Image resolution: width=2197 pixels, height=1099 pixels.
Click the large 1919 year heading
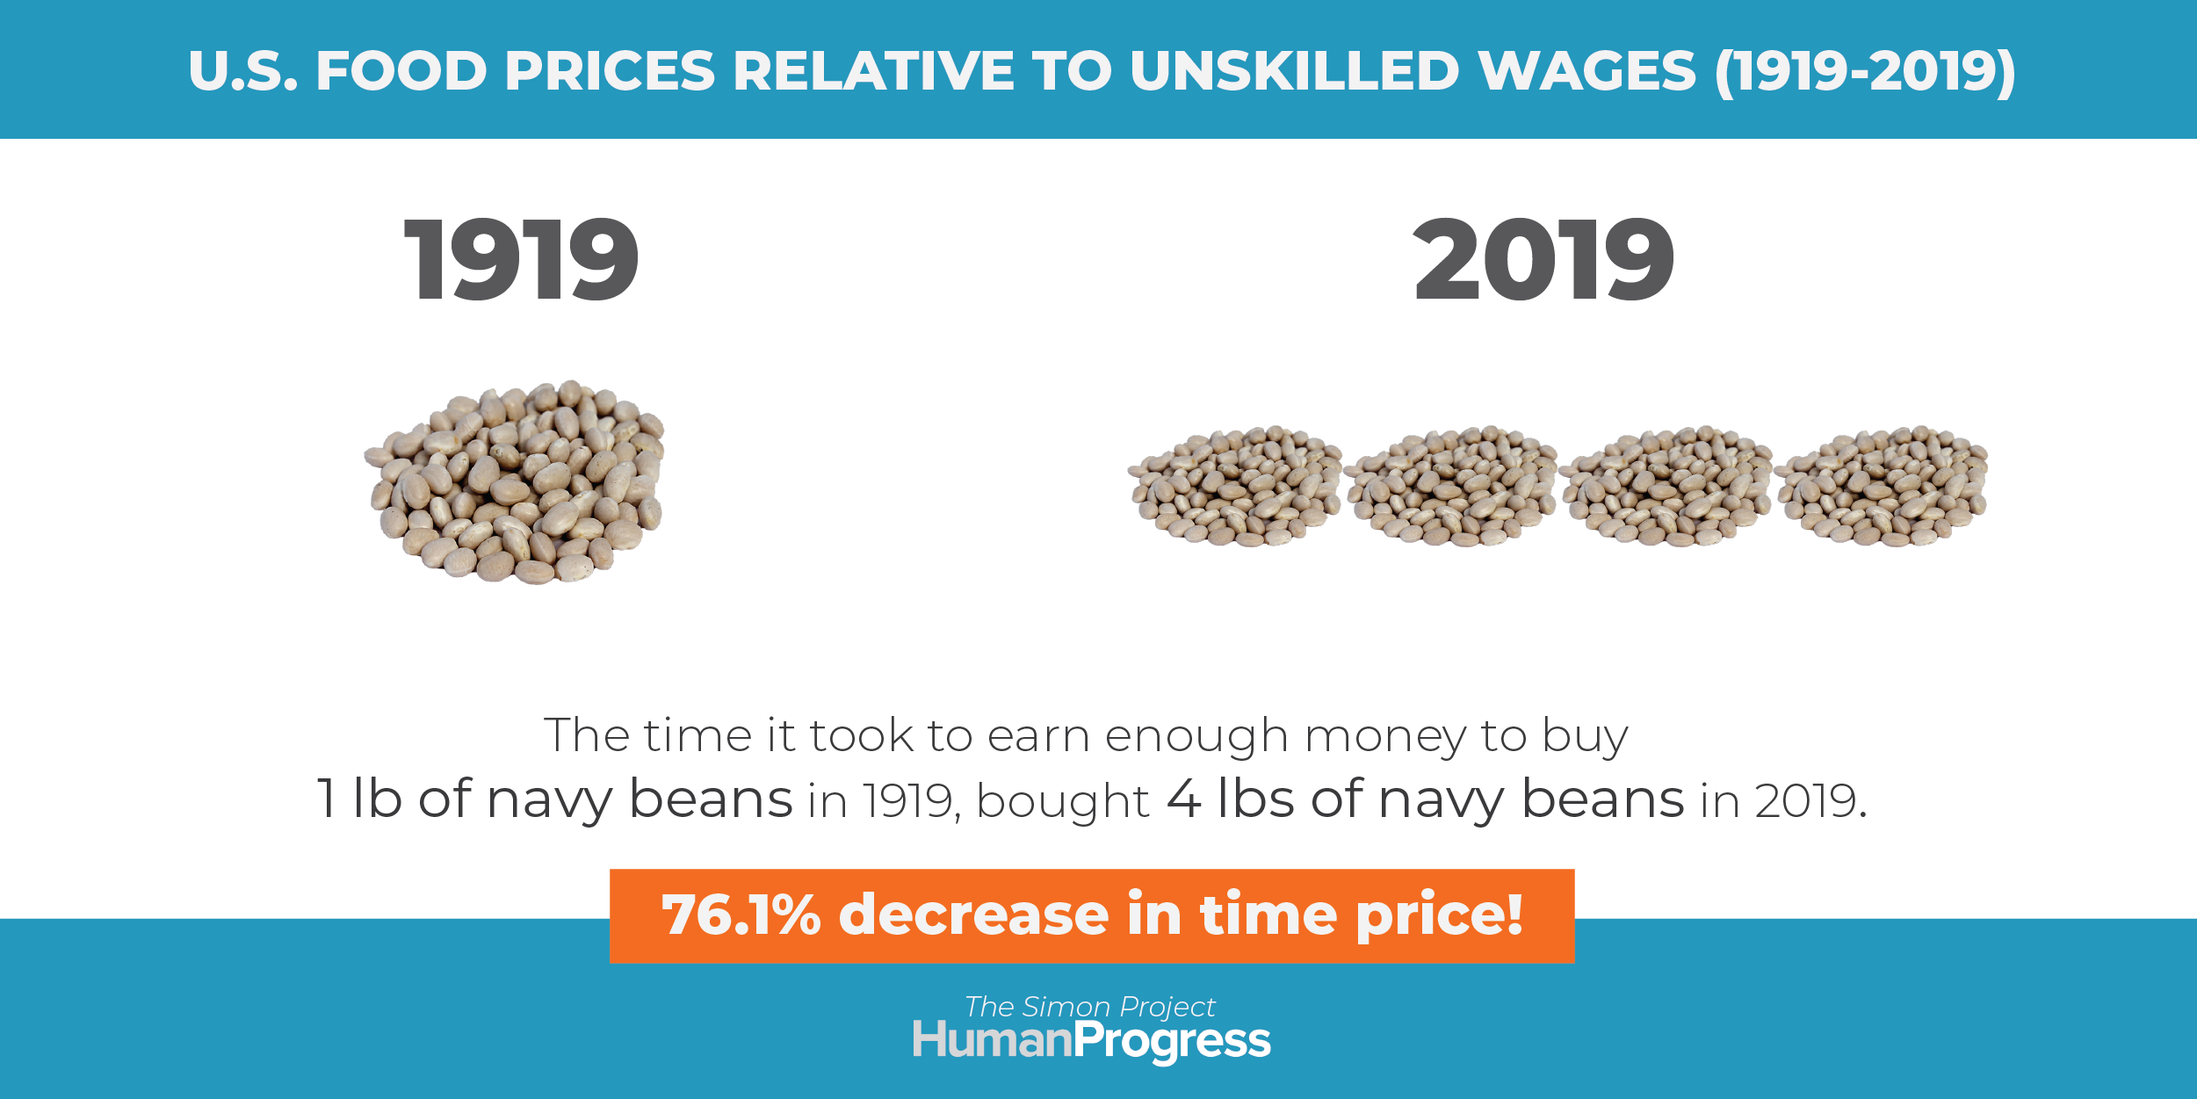pos(521,259)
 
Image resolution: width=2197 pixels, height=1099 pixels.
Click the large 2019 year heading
pos(1543,259)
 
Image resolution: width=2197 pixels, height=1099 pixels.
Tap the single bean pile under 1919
pos(515,482)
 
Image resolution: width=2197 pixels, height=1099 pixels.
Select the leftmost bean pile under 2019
pos(1235,486)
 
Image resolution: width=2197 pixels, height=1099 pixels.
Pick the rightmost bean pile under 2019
pos(1882,486)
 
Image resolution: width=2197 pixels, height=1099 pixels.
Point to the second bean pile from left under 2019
pos(1451,486)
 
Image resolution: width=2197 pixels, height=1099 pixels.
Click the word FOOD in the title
pos(401,70)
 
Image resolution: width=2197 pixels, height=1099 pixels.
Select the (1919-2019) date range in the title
pos(1866,72)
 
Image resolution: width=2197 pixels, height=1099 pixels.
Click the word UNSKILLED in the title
pos(1295,70)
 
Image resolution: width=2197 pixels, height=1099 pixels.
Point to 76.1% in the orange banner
pos(741,915)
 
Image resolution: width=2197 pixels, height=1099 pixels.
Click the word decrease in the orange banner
pos(974,915)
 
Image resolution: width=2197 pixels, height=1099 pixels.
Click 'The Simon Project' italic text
pos(1090,1007)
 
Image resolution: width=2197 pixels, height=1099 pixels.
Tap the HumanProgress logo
pos(1092,1042)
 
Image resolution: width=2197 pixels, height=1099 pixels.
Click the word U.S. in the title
pos(243,70)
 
